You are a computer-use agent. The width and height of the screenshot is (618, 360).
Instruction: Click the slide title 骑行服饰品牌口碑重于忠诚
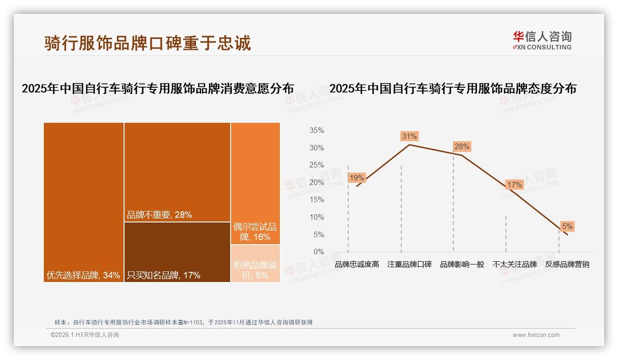[148, 43]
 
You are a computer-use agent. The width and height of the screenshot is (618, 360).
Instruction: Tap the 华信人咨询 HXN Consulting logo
[542, 40]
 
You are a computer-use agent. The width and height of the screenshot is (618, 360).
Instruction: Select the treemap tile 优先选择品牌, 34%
[83, 202]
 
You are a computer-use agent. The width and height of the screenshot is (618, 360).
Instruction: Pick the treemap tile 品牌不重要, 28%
[177, 172]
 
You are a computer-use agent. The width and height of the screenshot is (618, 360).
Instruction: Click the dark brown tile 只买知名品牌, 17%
[177, 252]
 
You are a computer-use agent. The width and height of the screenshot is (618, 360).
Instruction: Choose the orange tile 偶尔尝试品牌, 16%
[255, 183]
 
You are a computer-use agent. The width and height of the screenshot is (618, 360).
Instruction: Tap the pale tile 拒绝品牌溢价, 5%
[255, 264]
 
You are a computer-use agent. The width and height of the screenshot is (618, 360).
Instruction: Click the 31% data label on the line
[409, 136]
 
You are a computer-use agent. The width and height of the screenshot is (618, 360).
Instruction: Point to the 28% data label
[462, 147]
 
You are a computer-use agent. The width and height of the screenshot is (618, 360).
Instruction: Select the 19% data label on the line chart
[357, 178]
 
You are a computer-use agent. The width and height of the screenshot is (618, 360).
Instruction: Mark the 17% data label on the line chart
[514, 185]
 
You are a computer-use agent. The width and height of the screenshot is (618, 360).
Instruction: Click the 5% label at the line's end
[567, 226]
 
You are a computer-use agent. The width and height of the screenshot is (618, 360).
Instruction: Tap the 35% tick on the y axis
[316, 131]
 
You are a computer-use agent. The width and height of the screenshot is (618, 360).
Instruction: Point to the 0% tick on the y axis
[319, 252]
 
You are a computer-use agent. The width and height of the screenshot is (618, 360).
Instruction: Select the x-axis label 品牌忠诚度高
[357, 264]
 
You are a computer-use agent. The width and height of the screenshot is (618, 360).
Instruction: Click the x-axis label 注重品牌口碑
[410, 264]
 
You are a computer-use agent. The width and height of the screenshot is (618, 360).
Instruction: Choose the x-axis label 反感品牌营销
[567, 264]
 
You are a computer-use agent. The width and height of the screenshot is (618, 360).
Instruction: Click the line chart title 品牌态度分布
[453, 89]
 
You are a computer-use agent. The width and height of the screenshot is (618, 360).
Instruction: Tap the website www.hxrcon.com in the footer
[536, 335]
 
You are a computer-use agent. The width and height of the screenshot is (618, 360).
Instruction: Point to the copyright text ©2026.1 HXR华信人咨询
[85, 335]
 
